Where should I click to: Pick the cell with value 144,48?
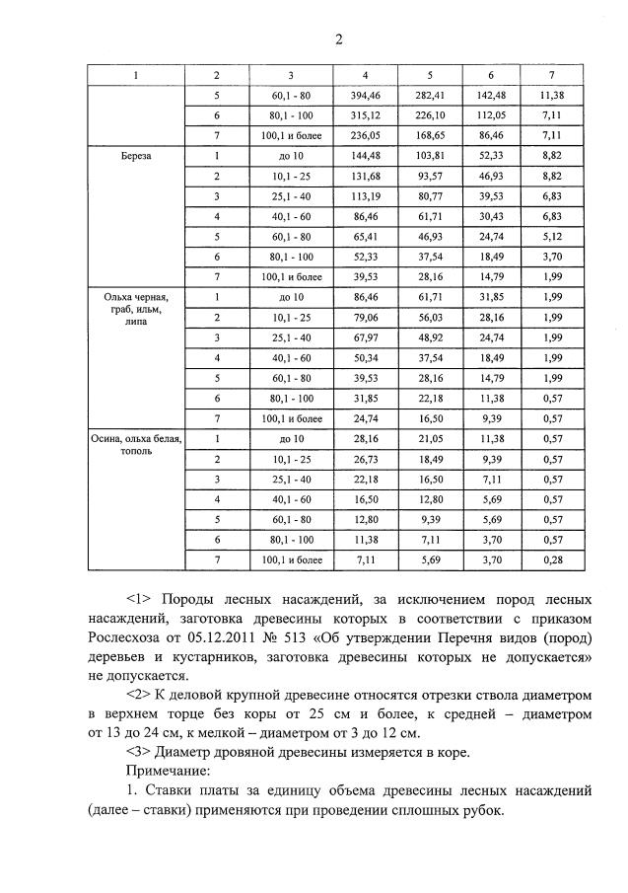click(366, 156)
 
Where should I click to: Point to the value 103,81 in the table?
click(430, 156)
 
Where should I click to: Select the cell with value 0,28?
click(550, 559)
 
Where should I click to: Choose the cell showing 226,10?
click(430, 114)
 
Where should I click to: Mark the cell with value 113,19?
click(366, 196)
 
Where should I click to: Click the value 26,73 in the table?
click(366, 459)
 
